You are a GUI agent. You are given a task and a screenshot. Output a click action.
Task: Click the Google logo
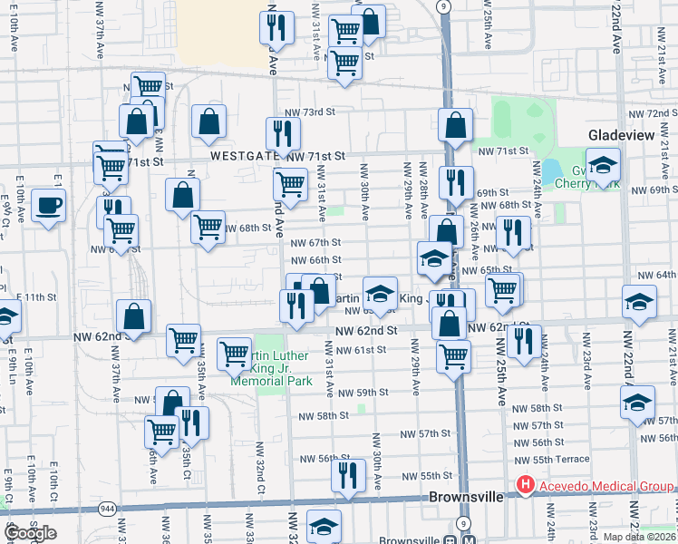click(x=31, y=532)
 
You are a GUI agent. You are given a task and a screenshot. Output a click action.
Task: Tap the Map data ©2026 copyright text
click(x=639, y=537)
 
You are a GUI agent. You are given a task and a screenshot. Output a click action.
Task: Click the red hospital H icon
click(x=524, y=487)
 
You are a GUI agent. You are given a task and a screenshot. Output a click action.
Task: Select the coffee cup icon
click(x=48, y=205)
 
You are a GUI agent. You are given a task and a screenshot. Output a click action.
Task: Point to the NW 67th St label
click(x=315, y=242)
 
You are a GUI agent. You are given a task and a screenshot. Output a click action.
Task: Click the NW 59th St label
click(x=363, y=393)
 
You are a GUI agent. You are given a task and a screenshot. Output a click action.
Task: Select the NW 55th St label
click(x=426, y=476)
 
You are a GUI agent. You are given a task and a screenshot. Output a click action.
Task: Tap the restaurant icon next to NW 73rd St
click(x=283, y=133)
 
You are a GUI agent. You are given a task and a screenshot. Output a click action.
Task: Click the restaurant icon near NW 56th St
click(x=348, y=475)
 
